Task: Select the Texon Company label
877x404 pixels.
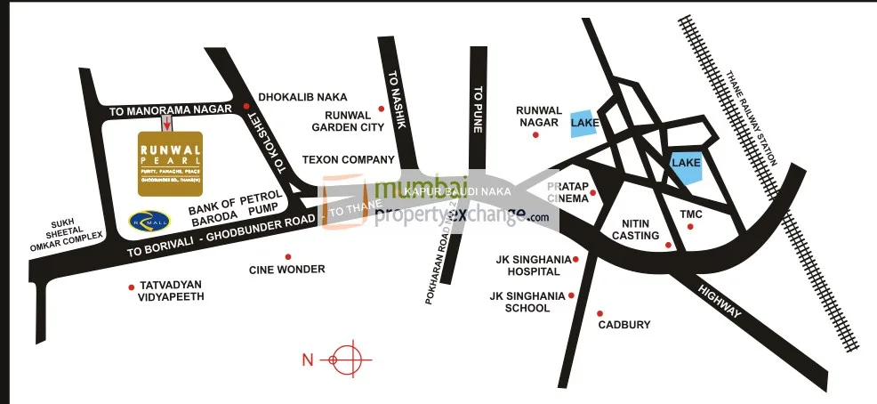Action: coord(348,160)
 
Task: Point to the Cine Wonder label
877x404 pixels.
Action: coord(287,269)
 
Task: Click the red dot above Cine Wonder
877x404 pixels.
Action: coord(287,256)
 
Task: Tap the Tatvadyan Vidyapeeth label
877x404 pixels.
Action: coord(172,290)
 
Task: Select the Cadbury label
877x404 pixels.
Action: coord(624,325)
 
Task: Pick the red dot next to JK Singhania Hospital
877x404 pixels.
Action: coord(576,259)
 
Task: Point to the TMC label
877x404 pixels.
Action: coord(691,214)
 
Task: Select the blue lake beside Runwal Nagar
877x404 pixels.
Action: coord(583,122)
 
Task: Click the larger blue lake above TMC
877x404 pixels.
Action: coord(687,166)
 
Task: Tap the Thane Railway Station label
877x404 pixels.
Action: coord(751,117)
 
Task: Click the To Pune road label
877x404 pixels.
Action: coord(478,109)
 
